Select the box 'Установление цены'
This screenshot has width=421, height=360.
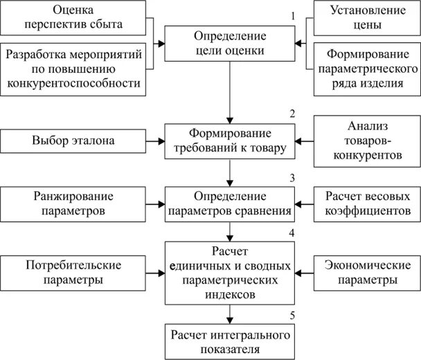366,18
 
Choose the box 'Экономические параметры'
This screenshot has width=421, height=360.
366,272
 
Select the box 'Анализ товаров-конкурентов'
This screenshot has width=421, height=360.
366,141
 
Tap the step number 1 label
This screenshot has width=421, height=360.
293,15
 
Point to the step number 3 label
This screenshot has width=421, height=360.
293,177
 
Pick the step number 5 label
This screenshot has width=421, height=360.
293,316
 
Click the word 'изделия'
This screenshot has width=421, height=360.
366,84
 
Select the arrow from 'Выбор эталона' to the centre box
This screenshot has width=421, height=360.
155,141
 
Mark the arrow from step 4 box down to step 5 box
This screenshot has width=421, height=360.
229,314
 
